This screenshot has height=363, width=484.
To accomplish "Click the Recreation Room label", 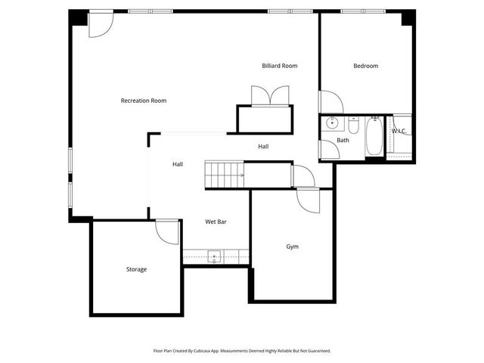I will pyautogui.click(x=144, y=101).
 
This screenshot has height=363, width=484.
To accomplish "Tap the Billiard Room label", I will pyautogui.click(x=280, y=66).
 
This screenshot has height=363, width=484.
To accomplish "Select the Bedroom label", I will pyautogui.click(x=365, y=66).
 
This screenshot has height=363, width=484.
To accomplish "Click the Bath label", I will pyautogui.click(x=343, y=140).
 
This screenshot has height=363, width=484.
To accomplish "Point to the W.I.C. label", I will pyautogui.click(x=399, y=131).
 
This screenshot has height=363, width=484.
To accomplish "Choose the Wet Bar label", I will pyautogui.click(x=216, y=222).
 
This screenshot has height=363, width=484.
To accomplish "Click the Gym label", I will pyautogui.click(x=292, y=247).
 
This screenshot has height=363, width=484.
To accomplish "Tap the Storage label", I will pyautogui.click(x=136, y=269).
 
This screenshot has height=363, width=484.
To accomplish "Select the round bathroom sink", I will pyautogui.click(x=330, y=123).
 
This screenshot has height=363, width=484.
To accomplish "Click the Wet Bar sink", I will pyautogui.click(x=215, y=256).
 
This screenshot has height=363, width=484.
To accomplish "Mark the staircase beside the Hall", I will pyautogui.click(x=225, y=175).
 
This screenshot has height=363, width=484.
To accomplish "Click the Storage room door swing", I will pyautogui.click(x=166, y=231).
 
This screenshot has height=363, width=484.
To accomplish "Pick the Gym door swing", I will pyautogui.click(x=309, y=200).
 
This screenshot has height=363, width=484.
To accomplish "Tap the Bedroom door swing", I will pyautogui.click(x=331, y=102).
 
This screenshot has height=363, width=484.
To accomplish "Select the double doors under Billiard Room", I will pyautogui.click(x=270, y=95).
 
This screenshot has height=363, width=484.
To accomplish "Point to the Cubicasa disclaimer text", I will pyautogui.click(x=242, y=351).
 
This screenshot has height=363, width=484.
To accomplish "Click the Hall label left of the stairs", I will pyautogui.click(x=178, y=164).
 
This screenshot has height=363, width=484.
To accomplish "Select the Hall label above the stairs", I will pyautogui.click(x=263, y=146).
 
